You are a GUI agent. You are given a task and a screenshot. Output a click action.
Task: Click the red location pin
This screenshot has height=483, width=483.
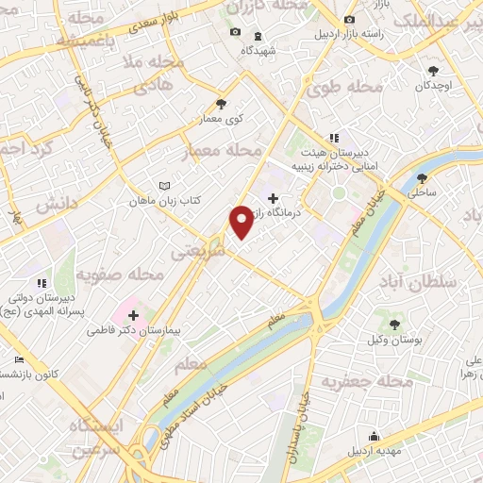[x=242, y=221]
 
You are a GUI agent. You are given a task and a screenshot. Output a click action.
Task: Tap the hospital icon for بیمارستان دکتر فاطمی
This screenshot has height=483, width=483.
[x=133, y=316]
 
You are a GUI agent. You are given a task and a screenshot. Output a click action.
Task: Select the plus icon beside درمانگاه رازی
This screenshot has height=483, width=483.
[x=274, y=199]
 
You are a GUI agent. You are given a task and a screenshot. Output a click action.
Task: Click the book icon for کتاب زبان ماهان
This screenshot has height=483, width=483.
[x=166, y=186]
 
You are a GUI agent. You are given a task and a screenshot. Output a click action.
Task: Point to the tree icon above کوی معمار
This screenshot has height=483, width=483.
[x=222, y=105]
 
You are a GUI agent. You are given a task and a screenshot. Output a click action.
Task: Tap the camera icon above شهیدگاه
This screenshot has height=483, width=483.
[x=236, y=33]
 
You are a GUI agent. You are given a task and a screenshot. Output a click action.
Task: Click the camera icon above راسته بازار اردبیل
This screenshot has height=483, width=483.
[x=350, y=20]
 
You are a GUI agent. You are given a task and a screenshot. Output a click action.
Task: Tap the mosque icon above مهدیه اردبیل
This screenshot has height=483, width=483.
[x=375, y=436]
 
